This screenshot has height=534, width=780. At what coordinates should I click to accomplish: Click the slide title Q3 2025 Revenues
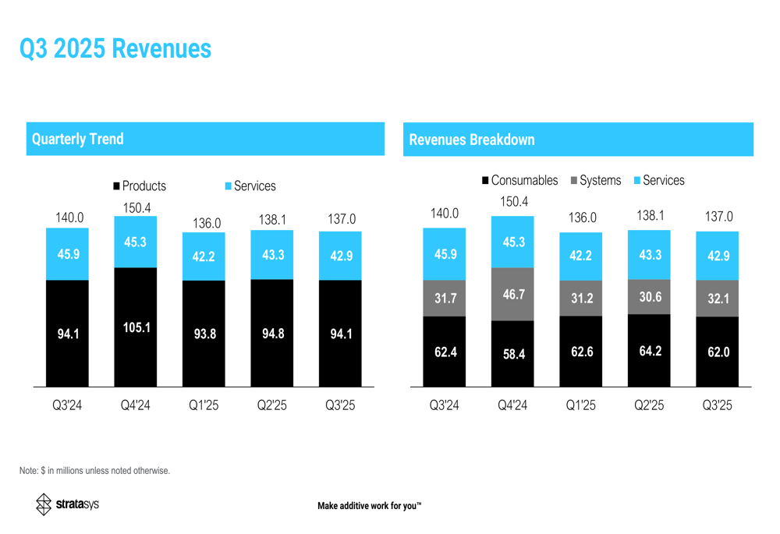[115, 48]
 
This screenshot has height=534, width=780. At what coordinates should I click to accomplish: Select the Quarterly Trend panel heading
[77, 140]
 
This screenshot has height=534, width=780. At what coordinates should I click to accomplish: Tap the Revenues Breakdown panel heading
[472, 140]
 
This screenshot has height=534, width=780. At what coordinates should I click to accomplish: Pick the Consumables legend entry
[519, 181]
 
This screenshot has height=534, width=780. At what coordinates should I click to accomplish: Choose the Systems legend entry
[596, 181]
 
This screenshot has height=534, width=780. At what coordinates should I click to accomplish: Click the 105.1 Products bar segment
[136, 327]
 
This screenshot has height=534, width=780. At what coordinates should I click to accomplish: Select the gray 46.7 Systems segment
[513, 294]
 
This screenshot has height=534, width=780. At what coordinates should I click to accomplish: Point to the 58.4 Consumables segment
[513, 354]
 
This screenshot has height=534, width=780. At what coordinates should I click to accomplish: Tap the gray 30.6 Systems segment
[649, 297]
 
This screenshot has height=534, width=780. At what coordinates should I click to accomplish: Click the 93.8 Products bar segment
[204, 334]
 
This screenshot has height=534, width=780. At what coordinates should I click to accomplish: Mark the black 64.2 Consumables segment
[649, 351]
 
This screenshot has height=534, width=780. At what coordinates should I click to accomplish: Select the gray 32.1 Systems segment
[718, 299]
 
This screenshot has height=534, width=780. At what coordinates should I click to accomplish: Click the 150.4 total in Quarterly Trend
[137, 208]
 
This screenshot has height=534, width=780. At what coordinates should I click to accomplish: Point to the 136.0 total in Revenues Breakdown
[581, 218]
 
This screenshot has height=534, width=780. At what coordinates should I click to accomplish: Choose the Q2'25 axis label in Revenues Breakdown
[649, 405]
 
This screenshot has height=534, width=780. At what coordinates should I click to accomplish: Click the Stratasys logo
[68, 504]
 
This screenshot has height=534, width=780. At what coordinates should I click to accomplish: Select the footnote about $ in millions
[94, 471]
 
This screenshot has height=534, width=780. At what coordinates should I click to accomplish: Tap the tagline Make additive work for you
[369, 507]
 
